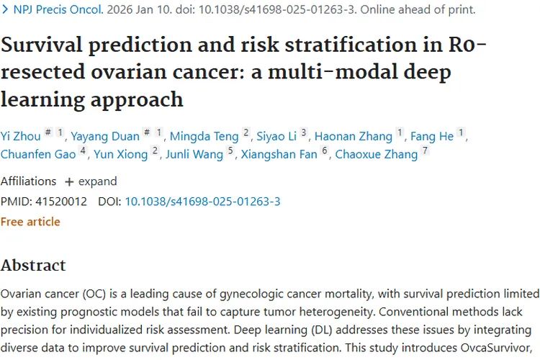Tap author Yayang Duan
click(106, 135)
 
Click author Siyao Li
click(276, 135)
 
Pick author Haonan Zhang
click(354, 135)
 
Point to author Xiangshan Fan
click(279, 154)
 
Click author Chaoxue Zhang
click(377, 154)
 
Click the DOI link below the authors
click(202, 202)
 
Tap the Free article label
click(30, 222)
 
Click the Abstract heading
click(33, 265)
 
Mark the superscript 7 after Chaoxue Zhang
click(426, 152)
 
